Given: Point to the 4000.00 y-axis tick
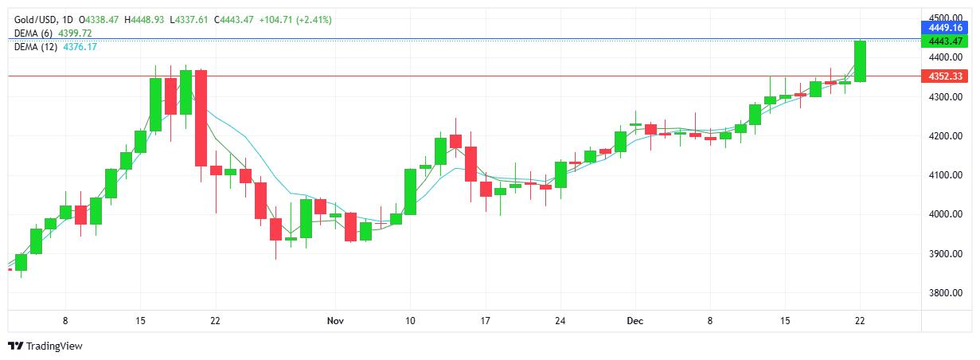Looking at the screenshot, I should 946,214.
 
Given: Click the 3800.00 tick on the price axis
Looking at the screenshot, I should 946,293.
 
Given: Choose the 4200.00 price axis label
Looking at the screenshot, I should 946,136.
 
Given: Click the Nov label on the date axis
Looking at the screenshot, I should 334,320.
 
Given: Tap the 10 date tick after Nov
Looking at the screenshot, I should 409,320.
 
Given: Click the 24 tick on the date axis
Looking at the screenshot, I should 560,320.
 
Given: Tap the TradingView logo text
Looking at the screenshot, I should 54,346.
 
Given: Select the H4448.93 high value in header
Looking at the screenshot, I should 146,19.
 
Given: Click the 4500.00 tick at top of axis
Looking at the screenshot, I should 946,18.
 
